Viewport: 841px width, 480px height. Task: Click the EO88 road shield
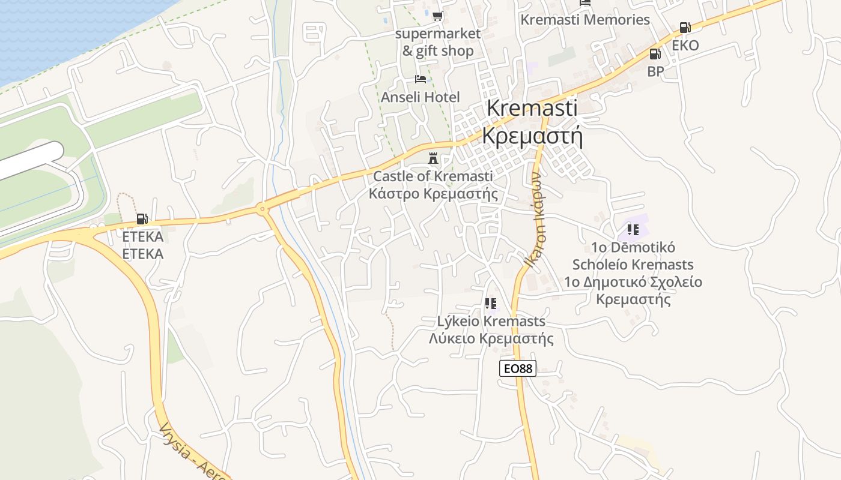point(517,368)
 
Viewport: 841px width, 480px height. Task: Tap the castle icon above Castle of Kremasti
point(433,159)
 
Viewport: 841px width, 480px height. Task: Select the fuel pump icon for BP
point(655,54)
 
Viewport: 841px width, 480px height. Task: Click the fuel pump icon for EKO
point(684,28)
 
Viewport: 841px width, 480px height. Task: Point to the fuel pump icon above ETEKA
point(142,219)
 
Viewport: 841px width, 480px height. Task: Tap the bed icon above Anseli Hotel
point(420,79)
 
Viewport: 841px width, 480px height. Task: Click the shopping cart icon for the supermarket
point(437,16)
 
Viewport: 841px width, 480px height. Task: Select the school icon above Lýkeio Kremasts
point(491,304)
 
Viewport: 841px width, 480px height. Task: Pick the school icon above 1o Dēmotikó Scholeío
point(633,229)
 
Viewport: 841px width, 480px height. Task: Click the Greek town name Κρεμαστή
point(532,137)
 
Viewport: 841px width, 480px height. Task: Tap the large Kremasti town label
point(532,108)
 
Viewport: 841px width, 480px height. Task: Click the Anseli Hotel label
point(420,97)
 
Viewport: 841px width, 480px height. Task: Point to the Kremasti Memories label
point(584,20)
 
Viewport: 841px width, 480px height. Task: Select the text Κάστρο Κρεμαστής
point(433,194)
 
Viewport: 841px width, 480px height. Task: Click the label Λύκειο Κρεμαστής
point(491,338)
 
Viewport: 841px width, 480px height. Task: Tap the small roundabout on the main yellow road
point(262,209)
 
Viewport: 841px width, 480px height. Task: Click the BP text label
point(655,71)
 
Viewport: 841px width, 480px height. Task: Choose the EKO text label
point(685,46)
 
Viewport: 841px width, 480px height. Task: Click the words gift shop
point(445,52)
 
